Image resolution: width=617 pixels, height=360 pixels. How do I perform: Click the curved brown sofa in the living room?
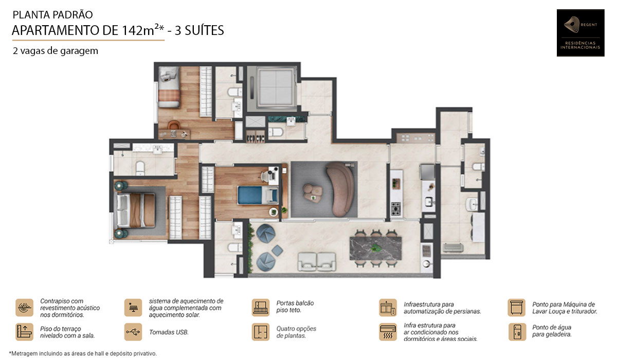[341, 189]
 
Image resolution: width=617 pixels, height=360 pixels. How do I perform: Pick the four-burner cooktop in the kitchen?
[396, 208]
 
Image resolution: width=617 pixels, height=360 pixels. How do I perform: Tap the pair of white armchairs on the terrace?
[317, 262]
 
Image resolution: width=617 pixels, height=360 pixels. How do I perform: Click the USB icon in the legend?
[133, 332]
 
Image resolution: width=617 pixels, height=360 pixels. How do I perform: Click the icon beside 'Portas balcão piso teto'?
[261, 307]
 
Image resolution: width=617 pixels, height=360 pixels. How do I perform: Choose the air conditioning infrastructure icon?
[388, 332]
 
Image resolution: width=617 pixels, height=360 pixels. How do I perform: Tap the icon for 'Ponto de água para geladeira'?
[516, 332]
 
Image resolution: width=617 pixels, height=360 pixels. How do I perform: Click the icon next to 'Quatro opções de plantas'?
[261, 332]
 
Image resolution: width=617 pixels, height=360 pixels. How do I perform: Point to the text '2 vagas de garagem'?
[56, 51]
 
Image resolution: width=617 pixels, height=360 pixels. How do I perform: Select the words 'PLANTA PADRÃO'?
[53, 15]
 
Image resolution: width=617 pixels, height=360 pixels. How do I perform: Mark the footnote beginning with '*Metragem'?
[83, 353]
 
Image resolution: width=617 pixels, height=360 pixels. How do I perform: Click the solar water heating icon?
[133, 308]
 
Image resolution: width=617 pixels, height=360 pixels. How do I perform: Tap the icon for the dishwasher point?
[516, 308]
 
